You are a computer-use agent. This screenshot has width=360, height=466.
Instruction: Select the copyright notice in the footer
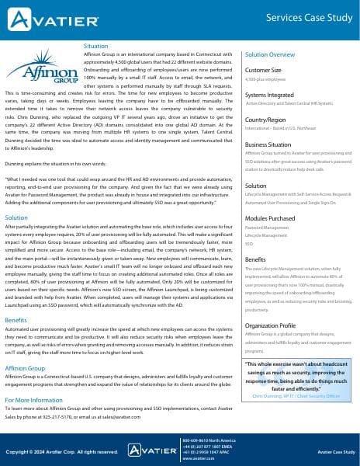point(61,451)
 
